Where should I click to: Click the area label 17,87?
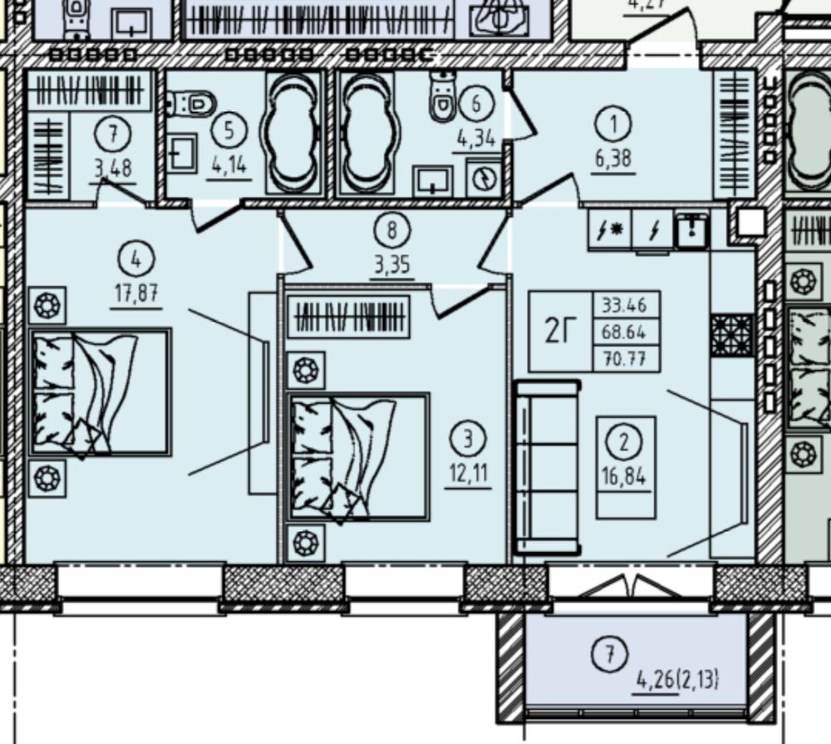tap(136, 293)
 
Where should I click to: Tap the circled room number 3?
tap(467, 440)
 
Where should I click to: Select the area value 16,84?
tap(624, 476)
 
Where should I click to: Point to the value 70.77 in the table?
tap(624, 360)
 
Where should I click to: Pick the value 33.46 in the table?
tap(624, 305)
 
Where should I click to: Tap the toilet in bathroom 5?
tap(191, 103)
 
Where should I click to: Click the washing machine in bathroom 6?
tap(484, 177)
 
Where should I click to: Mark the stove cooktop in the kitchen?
tap(732, 335)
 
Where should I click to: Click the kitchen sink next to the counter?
tap(691, 229)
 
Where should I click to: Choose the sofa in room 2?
tap(548, 467)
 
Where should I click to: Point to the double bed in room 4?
tap(101, 392)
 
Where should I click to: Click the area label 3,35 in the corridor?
tap(391, 264)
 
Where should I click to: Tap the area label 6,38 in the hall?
tap(613, 159)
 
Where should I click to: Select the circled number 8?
tap(391, 230)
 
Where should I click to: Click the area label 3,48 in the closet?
tap(113, 169)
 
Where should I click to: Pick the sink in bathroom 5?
tap(181, 153)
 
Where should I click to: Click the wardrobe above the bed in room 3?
tap(349, 317)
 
